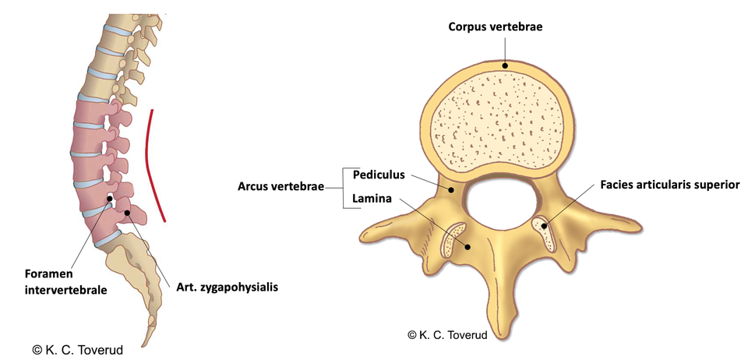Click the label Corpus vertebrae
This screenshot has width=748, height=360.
click(x=495, y=26)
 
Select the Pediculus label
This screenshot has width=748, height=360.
click(x=379, y=175)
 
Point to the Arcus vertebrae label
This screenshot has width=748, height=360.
click(x=280, y=186)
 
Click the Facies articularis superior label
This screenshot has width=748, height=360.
click(x=670, y=185)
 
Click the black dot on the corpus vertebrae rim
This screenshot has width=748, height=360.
click(x=504, y=65)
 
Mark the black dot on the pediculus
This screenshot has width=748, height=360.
click(x=451, y=191)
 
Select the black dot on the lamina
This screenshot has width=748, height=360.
click(x=468, y=246)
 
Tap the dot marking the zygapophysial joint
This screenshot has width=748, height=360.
click(x=127, y=214)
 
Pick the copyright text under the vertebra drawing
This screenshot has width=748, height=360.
click(x=447, y=335)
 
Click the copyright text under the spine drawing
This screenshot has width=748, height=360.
click(x=78, y=350)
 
